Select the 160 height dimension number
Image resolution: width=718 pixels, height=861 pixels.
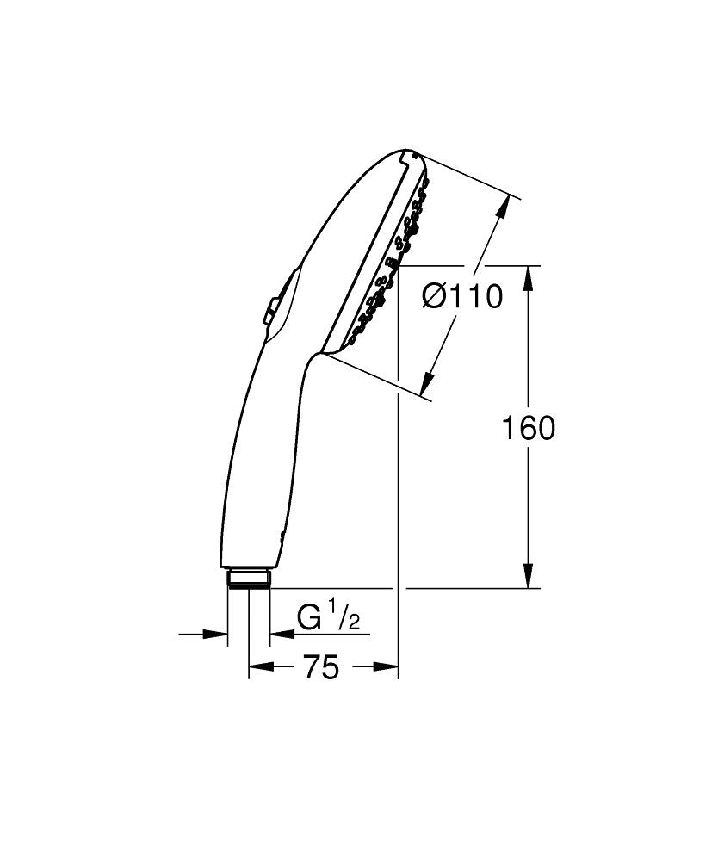tap(528, 428)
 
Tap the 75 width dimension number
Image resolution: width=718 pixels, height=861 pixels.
tap(320, 667)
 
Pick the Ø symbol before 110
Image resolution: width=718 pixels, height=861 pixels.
tap(436, 297)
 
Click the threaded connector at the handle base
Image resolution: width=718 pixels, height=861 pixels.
tap(248, 578)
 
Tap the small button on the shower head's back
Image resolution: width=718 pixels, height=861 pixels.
tap(270, 311)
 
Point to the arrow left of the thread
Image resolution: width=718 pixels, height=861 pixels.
tap(215, 635)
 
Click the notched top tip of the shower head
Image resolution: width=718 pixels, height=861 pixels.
tap(411, 155)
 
